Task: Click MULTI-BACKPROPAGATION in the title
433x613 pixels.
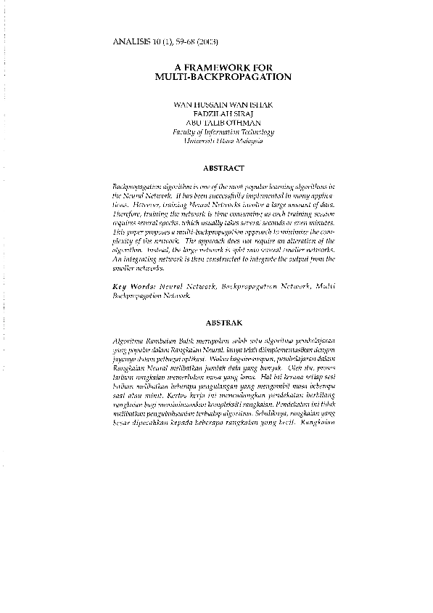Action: [223, 76]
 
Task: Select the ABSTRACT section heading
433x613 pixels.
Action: [223, 168]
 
